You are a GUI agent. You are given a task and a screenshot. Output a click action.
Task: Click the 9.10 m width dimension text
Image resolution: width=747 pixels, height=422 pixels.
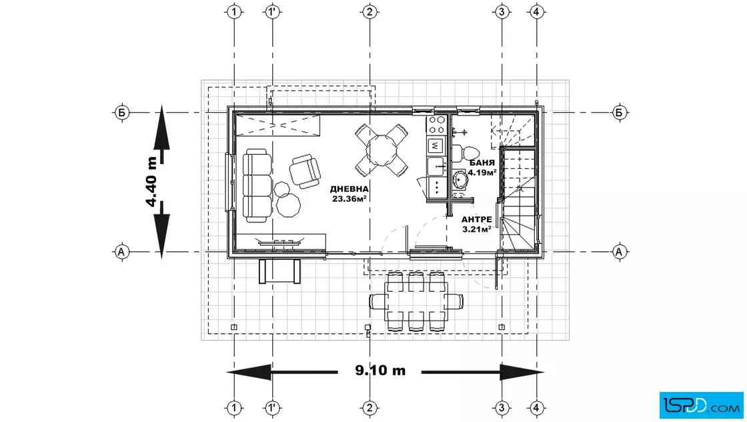click(x=380, y=371)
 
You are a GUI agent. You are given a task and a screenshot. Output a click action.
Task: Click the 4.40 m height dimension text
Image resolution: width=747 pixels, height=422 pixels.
click(x=152, y=182)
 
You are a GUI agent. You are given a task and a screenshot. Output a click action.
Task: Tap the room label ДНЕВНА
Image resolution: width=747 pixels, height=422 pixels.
click(x=349, y=190)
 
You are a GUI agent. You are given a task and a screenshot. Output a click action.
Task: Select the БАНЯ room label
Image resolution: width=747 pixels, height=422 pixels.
click(x=482, y=163)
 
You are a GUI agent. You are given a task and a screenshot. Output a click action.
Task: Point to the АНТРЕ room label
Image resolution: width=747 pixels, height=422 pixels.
click(x=476, y=220)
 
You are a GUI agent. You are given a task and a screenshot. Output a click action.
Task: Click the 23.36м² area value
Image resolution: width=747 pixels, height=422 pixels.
click(x=349, y=199)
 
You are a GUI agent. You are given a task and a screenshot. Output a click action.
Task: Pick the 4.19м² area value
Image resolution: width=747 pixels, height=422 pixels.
click(x=482, y=172)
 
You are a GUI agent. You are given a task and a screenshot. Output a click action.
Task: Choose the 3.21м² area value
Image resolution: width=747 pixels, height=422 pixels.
click(x=477, y=229)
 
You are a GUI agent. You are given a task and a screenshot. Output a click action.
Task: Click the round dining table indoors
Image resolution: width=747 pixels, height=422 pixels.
click(x=381, y=150)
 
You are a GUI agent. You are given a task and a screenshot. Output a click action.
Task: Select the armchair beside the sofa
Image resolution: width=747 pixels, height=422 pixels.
click(x=305, y=171)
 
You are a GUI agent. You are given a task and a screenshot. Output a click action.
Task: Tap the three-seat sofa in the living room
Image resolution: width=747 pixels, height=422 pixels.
click(x=257, y=186)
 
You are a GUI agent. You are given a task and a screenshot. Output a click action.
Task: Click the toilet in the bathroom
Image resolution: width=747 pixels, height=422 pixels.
click(x=465, y=153)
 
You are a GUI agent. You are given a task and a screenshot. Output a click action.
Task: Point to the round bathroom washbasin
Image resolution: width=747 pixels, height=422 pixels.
click(x=461, y=180)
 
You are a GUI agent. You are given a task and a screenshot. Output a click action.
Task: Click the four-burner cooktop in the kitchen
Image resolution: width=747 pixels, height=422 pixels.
click(x=436, y=124)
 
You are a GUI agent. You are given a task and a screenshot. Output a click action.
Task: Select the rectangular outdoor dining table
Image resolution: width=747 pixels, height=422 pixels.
click(x=416, y=301)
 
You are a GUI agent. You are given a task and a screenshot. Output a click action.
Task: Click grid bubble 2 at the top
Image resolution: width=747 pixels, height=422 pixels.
click(x=369, y=11)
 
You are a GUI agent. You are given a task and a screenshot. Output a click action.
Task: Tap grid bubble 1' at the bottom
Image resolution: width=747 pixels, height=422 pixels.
click(x=272, y=408)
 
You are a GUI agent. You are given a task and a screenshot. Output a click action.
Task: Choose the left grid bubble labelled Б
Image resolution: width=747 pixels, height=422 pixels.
click(x=122, y=113)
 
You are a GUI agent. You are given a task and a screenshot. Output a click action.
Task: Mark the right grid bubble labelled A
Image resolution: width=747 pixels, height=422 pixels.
click(x=619, y=251)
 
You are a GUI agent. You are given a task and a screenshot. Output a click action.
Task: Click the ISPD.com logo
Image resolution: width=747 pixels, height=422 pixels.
click(x=701, y=405)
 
